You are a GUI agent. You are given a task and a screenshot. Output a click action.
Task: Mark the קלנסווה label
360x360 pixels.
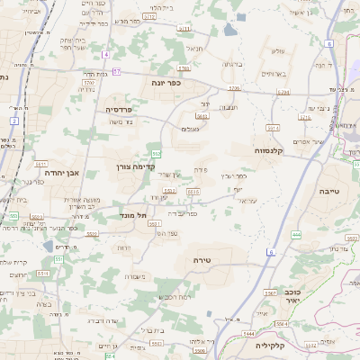[269, 150]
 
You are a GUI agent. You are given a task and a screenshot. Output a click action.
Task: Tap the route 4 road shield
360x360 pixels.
[105, 55]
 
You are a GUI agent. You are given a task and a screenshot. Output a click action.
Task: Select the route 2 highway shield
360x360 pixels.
[14, 120]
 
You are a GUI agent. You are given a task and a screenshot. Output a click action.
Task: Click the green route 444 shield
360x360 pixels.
[296, 234]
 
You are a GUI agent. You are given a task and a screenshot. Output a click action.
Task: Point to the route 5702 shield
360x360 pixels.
[184, 68]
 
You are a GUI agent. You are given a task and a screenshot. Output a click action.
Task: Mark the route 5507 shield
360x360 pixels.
[268, 293]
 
